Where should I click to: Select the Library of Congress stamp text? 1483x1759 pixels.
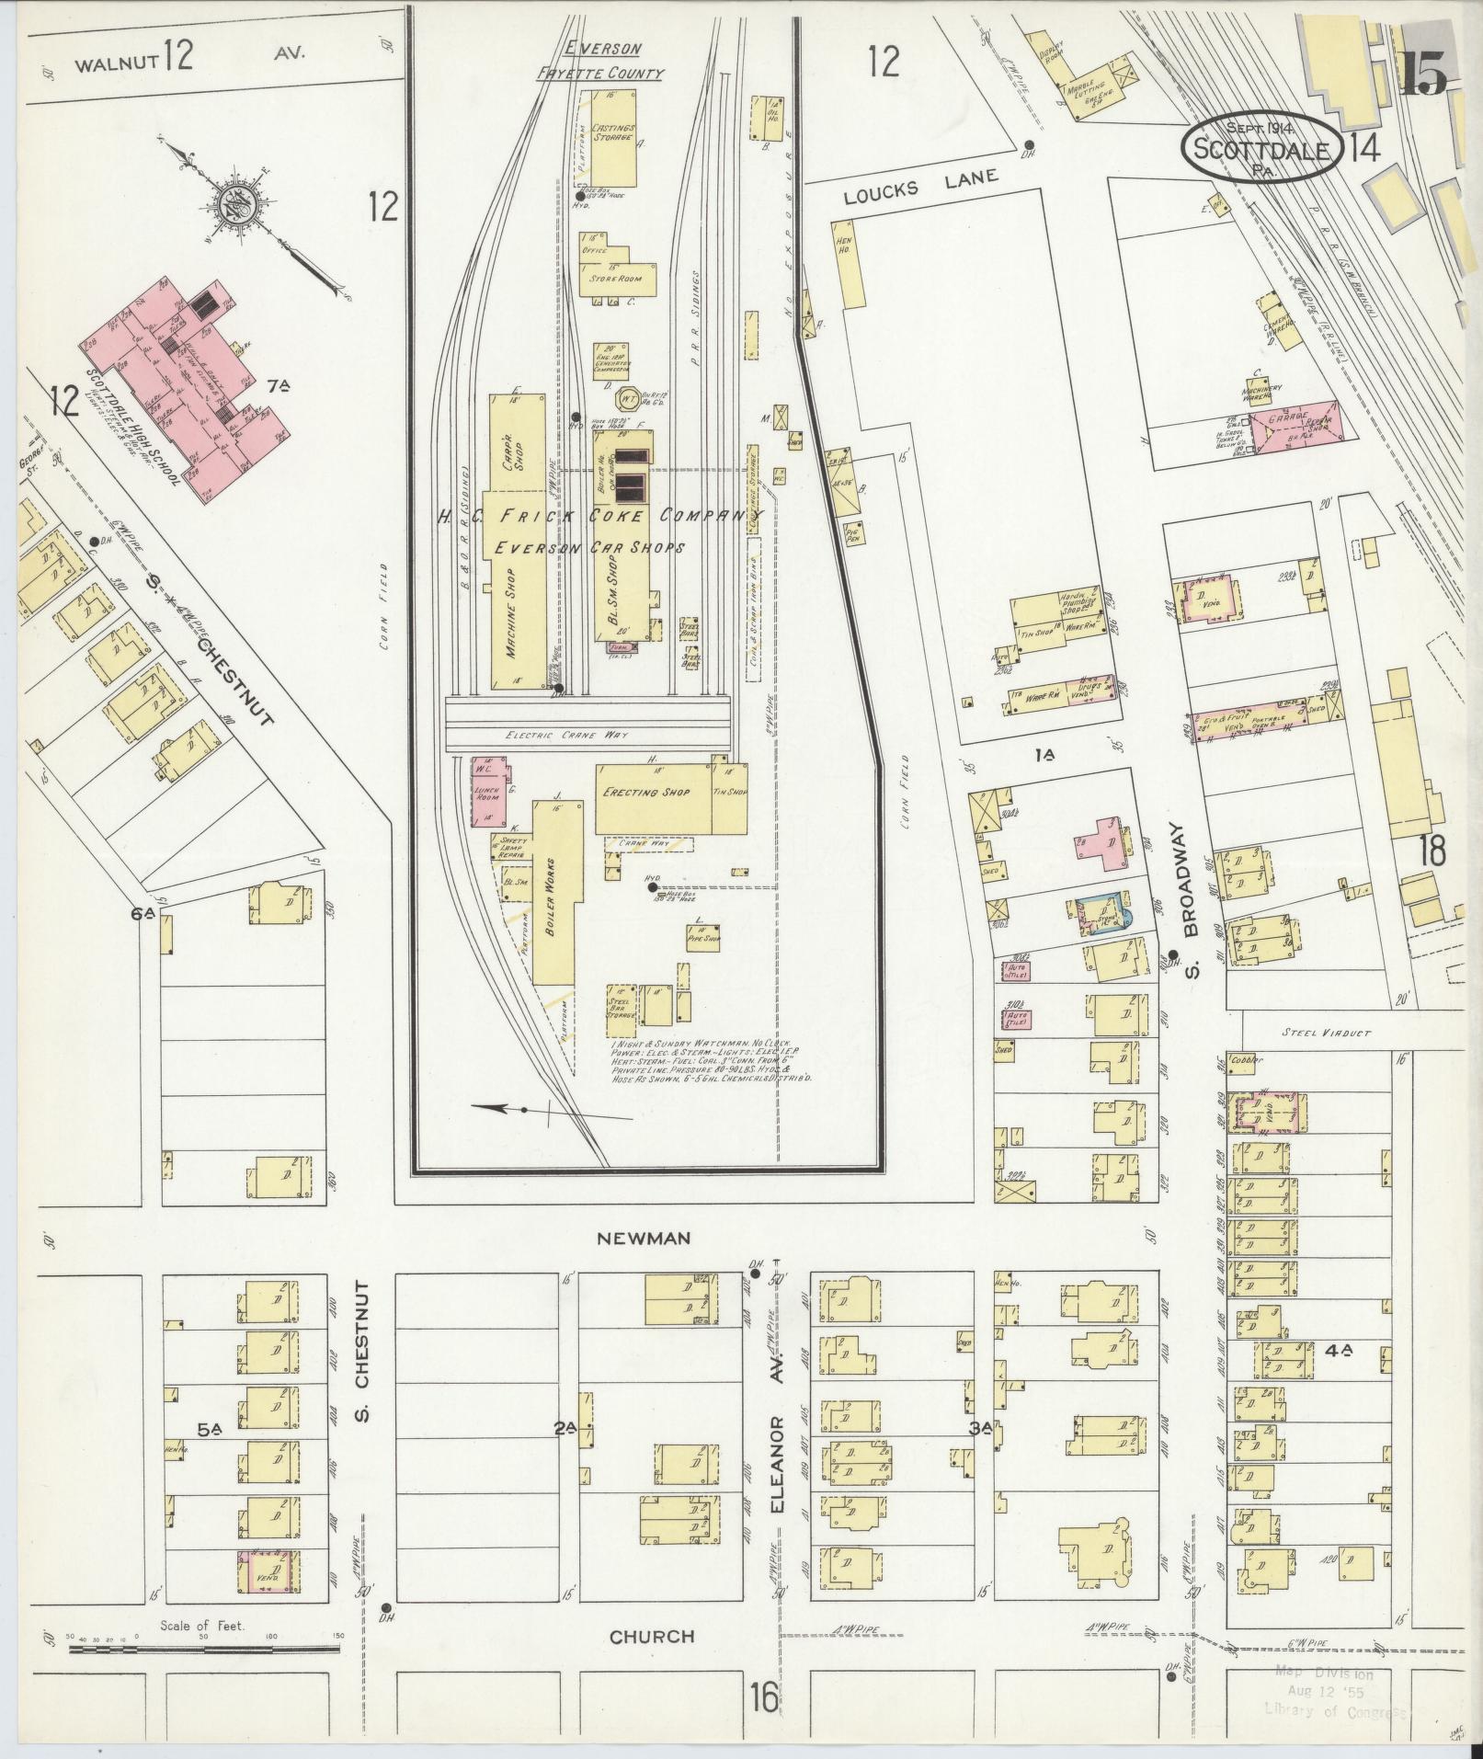1336,1711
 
